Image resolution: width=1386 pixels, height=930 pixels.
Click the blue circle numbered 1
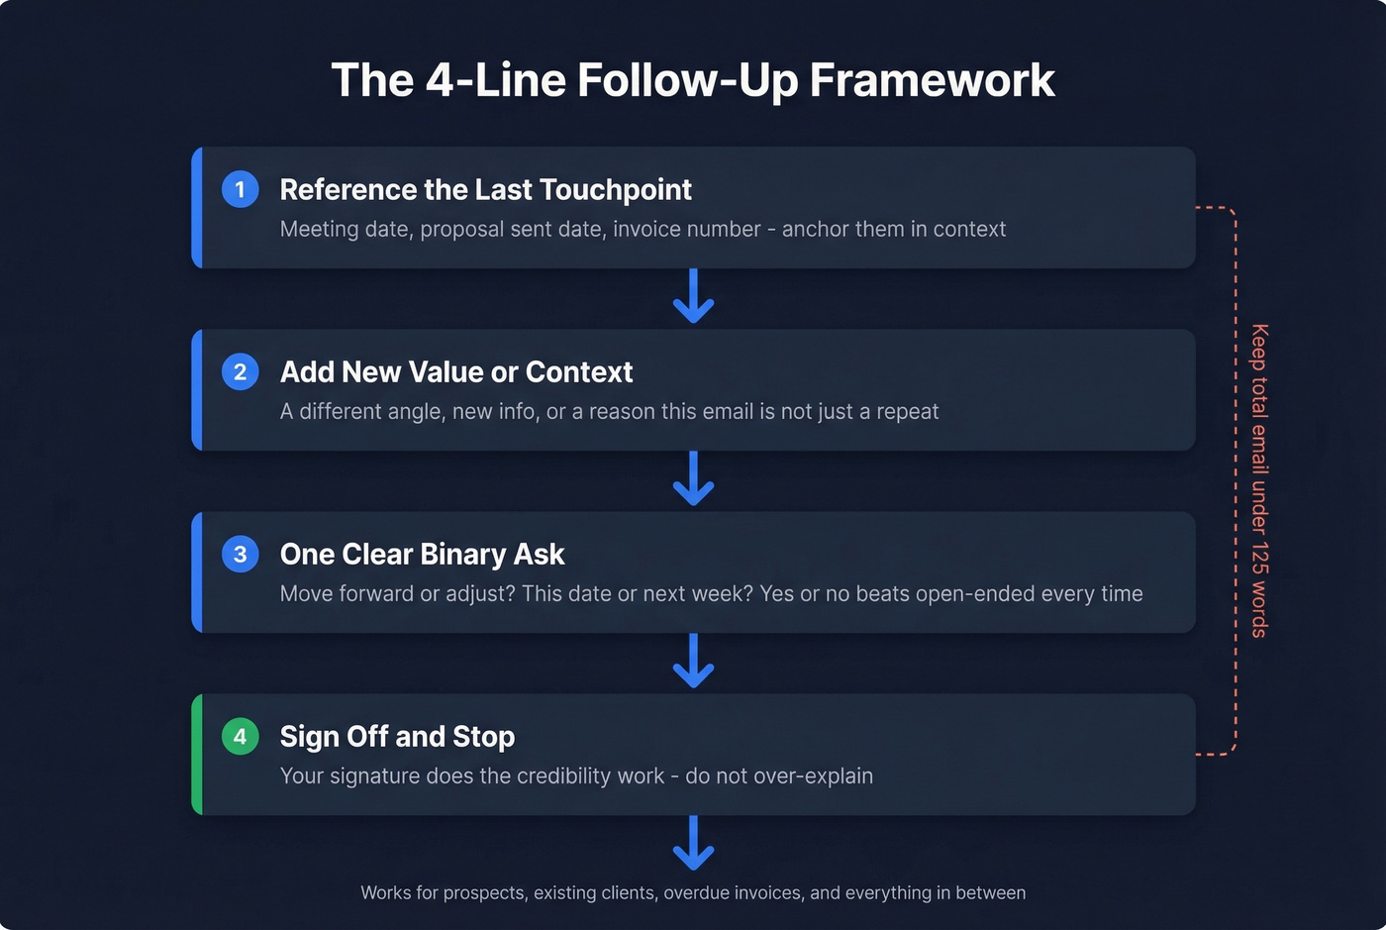(240, 189)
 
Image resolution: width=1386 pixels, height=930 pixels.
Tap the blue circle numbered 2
(240, 371)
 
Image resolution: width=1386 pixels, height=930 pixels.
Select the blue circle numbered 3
(240, 554)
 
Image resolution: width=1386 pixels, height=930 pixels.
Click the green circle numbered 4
(240, 736)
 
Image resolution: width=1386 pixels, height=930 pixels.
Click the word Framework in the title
(932, 80)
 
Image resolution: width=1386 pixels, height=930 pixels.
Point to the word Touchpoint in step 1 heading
(622, 189)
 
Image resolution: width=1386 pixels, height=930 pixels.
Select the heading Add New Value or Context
(455, 371)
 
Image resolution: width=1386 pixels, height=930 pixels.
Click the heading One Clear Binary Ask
(422, 554)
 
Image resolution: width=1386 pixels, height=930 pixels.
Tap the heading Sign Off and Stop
(397, 736)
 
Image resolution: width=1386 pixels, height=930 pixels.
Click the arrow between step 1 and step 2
(693, 297)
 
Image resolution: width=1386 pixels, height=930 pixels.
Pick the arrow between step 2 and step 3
(693, 479)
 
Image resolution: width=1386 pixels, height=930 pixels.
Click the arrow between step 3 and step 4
(693, 662)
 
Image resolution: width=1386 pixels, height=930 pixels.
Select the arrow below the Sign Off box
(693, 844)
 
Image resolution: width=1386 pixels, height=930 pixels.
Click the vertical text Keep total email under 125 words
(1258, 480)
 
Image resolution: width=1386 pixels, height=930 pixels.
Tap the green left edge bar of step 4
(197, 755)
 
